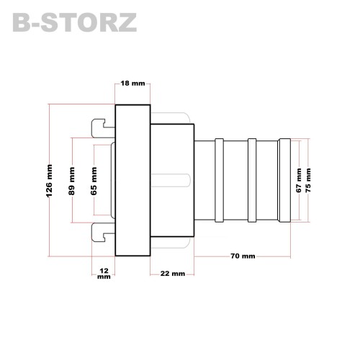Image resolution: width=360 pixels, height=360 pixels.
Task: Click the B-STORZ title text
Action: (x=75, y=22)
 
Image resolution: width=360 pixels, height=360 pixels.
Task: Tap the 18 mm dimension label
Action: (x=132, y=84)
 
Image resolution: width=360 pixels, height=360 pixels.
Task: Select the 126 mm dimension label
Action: (x=49, y=181)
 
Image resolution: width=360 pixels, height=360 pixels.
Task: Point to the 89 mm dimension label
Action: (x=72, y=181)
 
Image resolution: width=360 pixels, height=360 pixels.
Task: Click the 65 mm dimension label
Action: (x=94, y=181)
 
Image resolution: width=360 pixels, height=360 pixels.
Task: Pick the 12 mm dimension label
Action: (x=104, y=274)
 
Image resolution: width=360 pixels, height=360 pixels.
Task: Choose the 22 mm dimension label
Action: (x=173, y=274)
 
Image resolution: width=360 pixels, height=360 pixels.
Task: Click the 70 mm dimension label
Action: (x=243, y=256)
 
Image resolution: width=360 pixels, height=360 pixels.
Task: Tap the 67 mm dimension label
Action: (x=299, y=180)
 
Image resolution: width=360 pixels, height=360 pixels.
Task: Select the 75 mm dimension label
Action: (x=308, y=180)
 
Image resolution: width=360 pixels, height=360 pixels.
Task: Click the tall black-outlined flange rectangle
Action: (x=132, y=180)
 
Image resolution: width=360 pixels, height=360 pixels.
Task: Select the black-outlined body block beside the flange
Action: (x=172, y=180)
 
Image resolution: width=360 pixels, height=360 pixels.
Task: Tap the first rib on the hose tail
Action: (x=219, y=180)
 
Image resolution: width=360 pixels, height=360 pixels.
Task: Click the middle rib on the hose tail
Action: (x=252, y=180)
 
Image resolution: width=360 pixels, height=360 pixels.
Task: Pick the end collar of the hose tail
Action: (x=284, y=180)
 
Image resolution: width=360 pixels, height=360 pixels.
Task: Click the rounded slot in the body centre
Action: (x=171, y=180)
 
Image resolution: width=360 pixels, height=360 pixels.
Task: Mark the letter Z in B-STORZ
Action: (x=127, y=22)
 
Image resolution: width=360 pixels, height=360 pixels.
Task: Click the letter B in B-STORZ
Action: (x=21, y=22)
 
